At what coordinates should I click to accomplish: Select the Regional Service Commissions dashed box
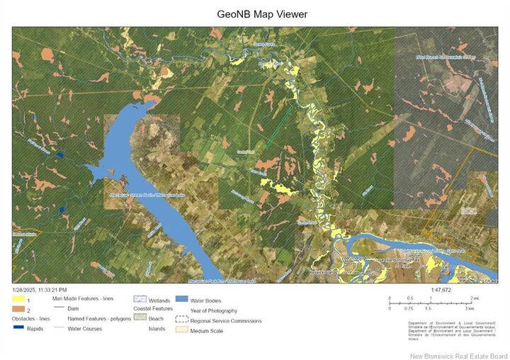pyautogui.click(x=181, y=320)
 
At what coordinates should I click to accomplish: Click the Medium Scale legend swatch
pyautogui.click(x=181, y=330)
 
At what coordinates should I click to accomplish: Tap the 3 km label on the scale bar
pyautogui.click(x=470, y=309)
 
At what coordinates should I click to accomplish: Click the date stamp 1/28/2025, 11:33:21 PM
pyautogui.click(x=40, y=290)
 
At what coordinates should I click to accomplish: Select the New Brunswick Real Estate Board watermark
pyautogui.click(x=458, y=354)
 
